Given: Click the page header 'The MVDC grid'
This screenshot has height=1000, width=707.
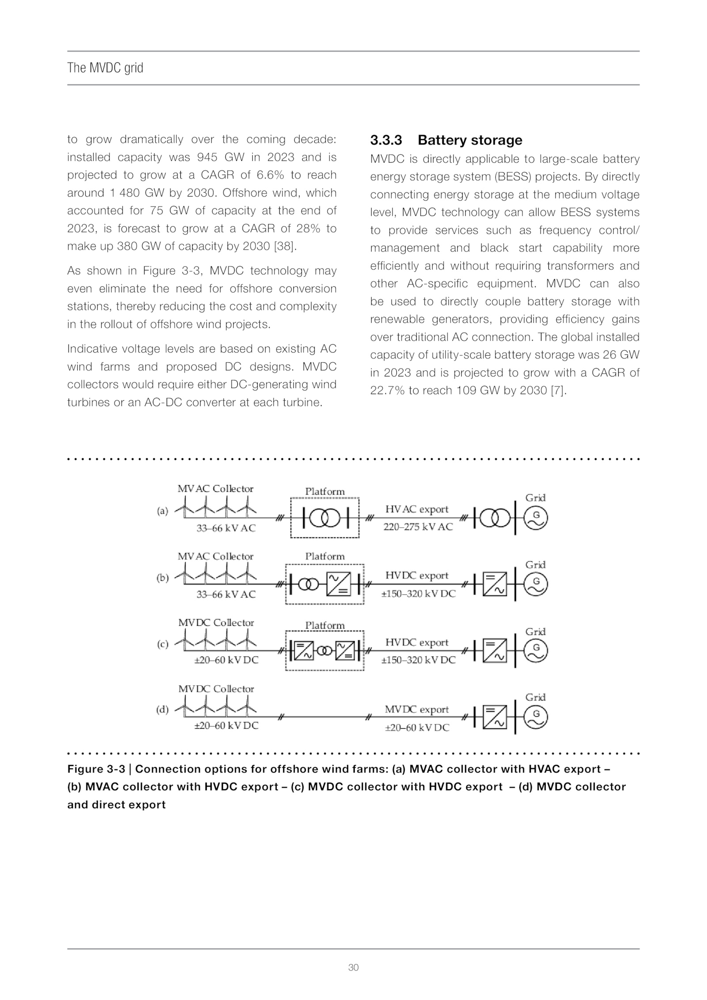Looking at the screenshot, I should [x=105, y=68].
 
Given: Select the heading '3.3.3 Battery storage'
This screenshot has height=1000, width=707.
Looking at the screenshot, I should [x=446, y=140].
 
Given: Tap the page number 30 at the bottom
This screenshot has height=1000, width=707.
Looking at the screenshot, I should [x=353, y=967].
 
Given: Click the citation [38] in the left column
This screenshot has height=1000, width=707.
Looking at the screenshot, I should [x=285, y=246].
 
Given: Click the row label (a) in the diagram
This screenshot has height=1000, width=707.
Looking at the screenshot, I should [x=163, y=511].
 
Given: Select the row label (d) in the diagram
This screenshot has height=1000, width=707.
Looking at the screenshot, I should [x=163, y=710].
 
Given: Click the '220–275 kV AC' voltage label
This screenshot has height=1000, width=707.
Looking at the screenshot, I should [x=418, y=527].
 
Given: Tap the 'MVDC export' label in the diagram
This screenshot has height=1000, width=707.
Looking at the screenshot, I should [x=417, y=709].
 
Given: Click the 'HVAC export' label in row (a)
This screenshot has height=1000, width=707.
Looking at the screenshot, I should [x=417, y=509].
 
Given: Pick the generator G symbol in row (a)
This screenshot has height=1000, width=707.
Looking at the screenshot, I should [x=536, y=518].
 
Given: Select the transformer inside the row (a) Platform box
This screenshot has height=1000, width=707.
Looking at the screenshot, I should [x=325, y=518].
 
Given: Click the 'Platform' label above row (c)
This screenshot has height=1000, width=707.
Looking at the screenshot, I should [x=325, y=625].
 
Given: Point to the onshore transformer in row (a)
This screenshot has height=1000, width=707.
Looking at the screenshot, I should [x=494, y=518].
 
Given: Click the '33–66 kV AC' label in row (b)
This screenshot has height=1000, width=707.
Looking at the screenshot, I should [x=226, y=594].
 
